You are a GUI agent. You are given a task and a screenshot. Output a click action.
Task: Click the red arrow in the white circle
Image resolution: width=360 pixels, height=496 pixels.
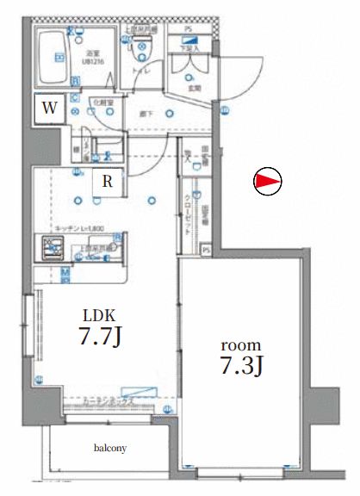(268, 182)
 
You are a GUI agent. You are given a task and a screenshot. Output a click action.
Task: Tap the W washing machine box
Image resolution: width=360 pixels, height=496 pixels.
(51, 108)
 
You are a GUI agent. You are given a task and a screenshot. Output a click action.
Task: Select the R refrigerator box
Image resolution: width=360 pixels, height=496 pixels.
(107, 181)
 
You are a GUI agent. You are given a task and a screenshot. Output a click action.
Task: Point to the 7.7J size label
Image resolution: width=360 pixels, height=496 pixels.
(96, 336)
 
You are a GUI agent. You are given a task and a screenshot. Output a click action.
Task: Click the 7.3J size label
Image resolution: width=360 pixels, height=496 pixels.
(240, 364)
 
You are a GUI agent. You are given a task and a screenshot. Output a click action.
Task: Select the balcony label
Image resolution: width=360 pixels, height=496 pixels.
(110, 448)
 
